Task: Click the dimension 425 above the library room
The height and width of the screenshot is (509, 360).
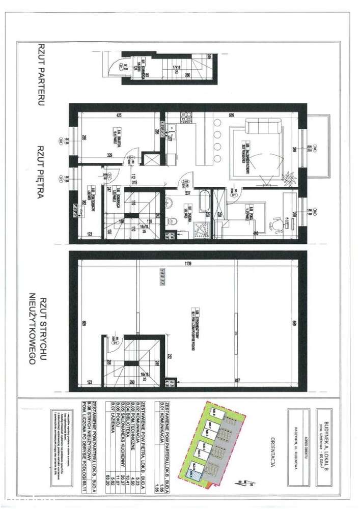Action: [x=119, y=115]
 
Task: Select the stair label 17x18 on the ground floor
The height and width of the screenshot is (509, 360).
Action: [x=176, y=67]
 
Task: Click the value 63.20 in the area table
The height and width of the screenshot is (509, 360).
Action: [x=102, y=479]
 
